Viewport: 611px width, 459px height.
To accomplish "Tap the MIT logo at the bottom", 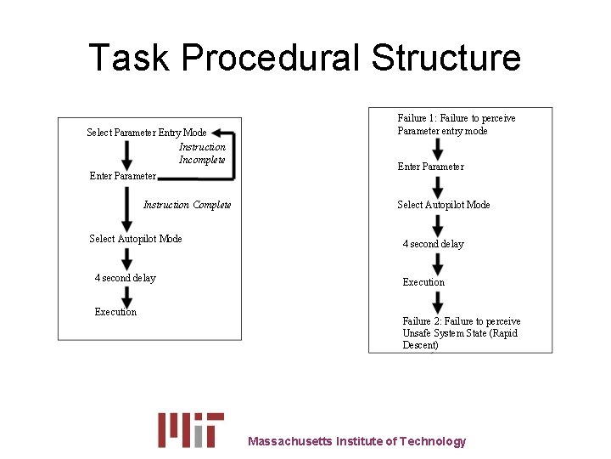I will (191, 429).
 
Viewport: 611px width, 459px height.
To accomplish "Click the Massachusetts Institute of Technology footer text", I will (356, 441).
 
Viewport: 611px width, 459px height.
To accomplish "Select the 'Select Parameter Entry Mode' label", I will (147, 133).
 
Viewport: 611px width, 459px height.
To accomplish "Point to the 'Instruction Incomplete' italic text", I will (202, 153).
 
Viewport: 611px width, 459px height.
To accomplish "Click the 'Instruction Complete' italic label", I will (188, 205).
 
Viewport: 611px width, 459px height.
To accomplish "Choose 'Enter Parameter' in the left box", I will (123, 177).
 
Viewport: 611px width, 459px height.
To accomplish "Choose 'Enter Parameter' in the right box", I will (430, 167).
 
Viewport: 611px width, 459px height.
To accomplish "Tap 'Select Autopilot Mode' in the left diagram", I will (136, 239).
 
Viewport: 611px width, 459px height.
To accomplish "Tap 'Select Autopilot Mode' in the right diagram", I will (443, 205).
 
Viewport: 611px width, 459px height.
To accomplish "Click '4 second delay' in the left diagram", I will (126, 278).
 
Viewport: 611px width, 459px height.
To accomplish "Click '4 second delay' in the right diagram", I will (434, 244).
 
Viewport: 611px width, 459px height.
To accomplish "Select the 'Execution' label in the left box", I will (115, 312).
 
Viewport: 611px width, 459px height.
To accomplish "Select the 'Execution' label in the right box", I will (423, 282).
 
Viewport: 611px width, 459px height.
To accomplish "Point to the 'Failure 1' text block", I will (457, 125).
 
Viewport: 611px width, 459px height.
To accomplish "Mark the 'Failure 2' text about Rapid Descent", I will (461, 333).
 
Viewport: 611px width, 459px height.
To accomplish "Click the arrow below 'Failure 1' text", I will (436, 149).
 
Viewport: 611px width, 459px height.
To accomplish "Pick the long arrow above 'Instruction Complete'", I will (126, 207).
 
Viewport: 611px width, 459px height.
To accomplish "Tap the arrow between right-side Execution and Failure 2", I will (436, 302).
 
